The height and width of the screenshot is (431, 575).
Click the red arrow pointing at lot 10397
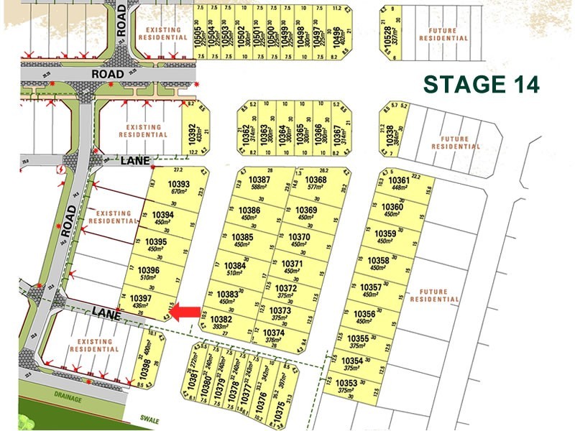point(189,311)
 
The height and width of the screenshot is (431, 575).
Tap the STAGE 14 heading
point(481,84)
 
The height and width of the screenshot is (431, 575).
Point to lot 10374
point(274,335)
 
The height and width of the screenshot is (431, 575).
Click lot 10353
point(347,386)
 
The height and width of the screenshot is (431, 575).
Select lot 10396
point(153,273)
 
